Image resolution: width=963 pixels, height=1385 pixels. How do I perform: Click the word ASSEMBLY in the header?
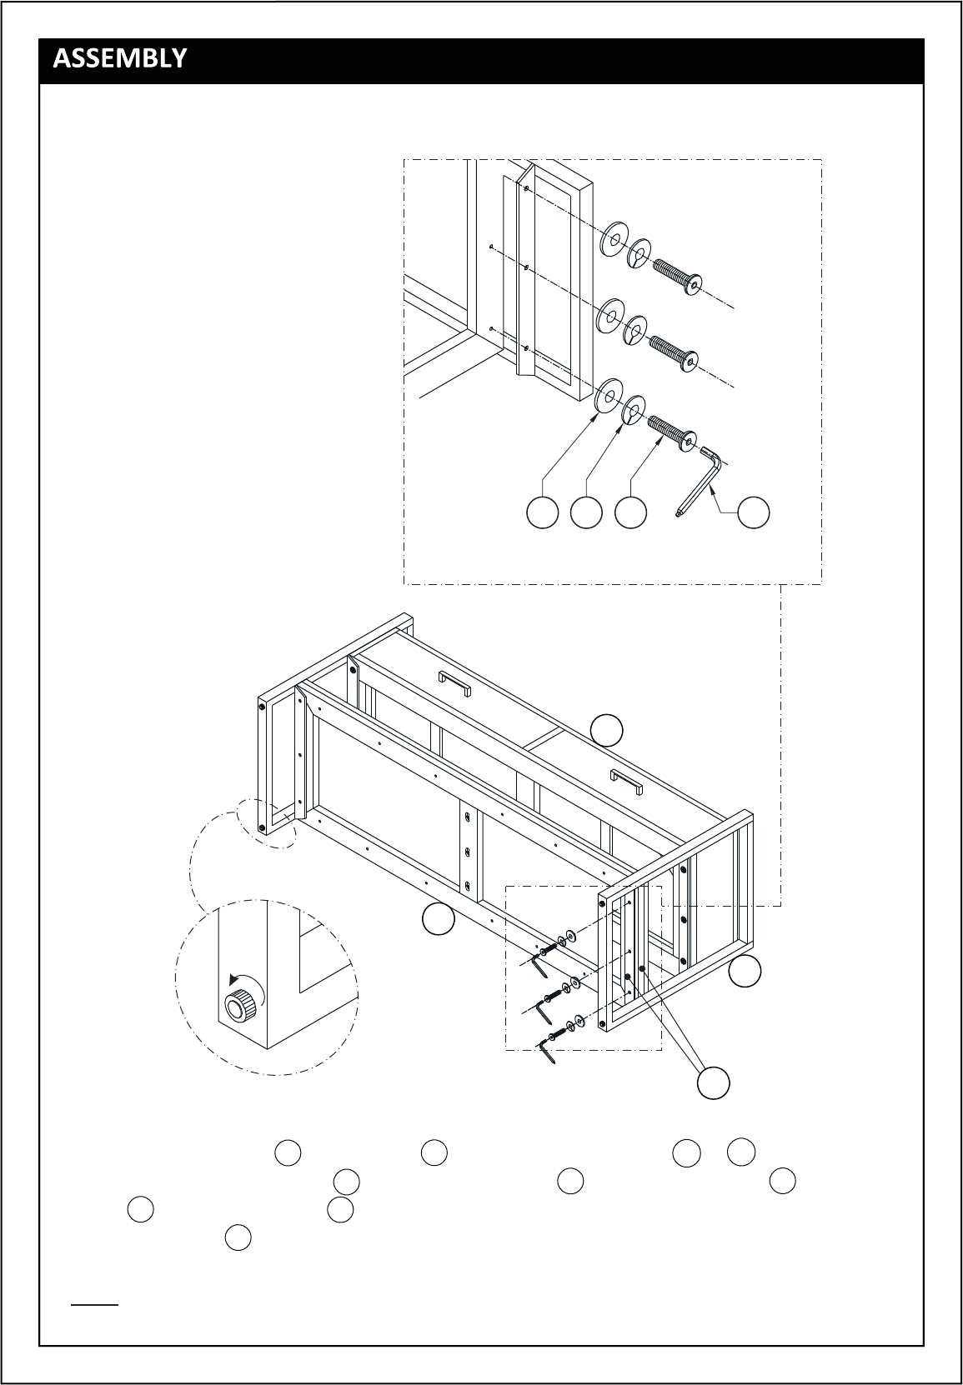(119, 58)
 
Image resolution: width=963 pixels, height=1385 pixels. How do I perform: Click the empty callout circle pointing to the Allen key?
(754, 512)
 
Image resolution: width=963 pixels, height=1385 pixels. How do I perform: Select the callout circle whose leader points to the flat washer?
(543, 512)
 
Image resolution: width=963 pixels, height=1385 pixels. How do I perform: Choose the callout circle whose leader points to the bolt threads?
(631, 512)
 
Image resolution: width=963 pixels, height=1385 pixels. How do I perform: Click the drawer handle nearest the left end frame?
(454, 683)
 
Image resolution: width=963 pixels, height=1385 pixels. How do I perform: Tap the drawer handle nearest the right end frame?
(626, 782)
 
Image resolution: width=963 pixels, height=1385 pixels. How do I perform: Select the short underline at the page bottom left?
(94, 1305)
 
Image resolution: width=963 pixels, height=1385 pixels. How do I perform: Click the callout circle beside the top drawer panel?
(607, 730)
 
